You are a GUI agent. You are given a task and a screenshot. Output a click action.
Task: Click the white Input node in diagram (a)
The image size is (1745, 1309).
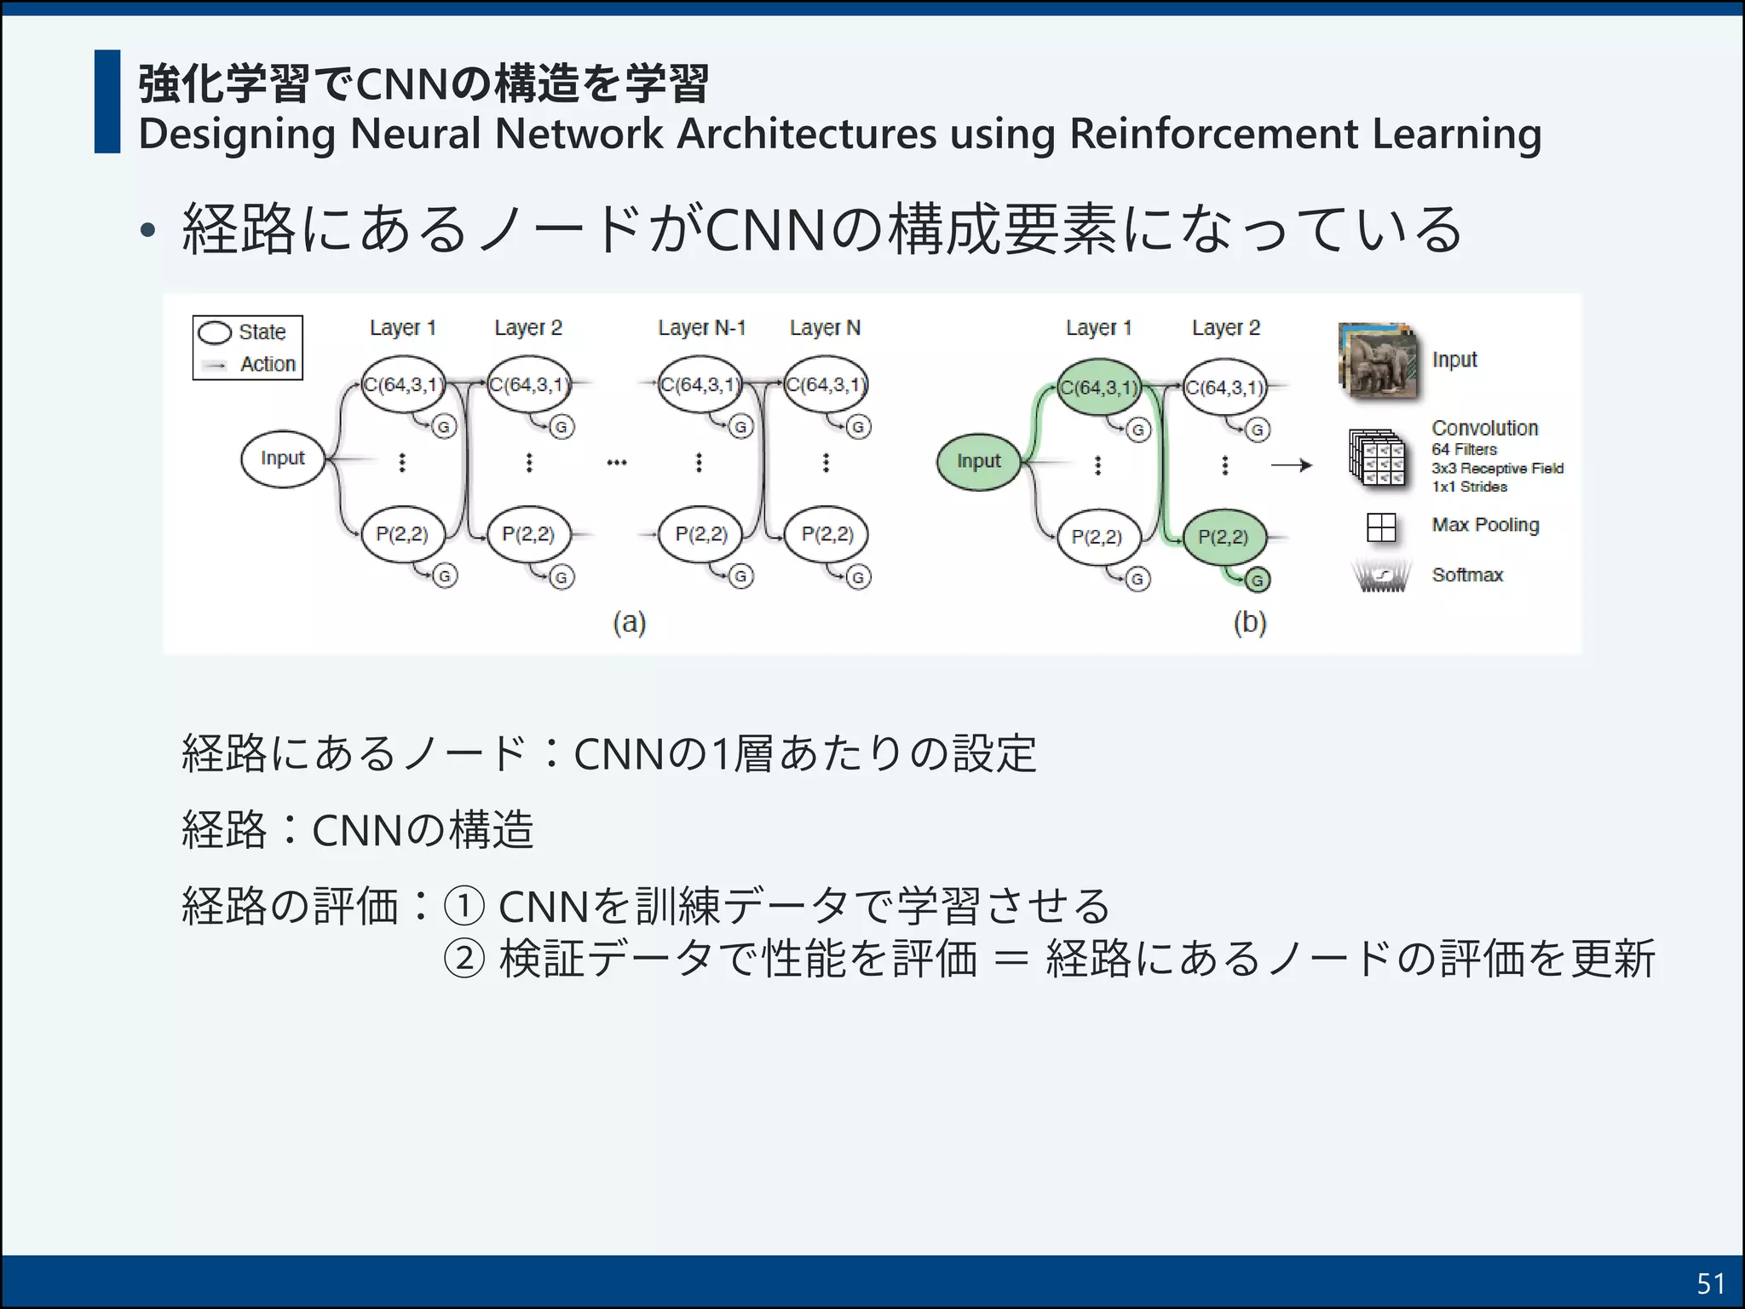click(x=283, y=459)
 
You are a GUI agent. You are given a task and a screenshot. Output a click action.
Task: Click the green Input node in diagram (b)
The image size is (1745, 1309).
click(x=978, y=462)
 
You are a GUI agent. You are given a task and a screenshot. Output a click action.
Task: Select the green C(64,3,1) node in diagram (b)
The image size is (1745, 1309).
click(x=1099, y=388)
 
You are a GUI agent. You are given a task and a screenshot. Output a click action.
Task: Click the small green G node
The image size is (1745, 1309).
click(x=1257, y=581)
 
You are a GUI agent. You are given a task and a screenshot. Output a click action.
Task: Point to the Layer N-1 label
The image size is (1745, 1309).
click(x=701, y=328)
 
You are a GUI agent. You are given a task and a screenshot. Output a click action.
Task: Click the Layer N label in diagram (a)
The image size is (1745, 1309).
click(x=825, y=328)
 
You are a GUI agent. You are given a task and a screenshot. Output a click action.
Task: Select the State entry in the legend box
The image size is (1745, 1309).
click(x=261, y=332)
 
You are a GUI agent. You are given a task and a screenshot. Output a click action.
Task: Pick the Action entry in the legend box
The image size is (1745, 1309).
click(x=267, y=365)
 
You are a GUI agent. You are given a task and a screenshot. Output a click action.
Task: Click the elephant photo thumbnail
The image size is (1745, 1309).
click(x=1378, y=361)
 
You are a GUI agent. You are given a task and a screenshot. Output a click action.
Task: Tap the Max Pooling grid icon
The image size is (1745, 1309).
click(x=1380, y=528)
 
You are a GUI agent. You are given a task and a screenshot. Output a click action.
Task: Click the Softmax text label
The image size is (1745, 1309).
click(x=1467, y=575)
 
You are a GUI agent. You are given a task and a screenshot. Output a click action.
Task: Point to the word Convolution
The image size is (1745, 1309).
click(x=1484, y=428)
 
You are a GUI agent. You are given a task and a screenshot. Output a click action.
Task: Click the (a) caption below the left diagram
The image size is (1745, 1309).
click(x=630, y=623)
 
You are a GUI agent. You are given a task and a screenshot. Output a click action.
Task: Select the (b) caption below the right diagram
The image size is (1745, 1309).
click(x=1250, y=623)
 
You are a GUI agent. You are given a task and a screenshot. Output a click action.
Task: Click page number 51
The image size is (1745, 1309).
click(x=1710, y=1283)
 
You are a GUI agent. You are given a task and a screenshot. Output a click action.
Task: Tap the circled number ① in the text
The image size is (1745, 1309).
click(x=464, y=906)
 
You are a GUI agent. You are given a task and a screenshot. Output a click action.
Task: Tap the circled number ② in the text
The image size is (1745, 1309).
click(x=464, y=959)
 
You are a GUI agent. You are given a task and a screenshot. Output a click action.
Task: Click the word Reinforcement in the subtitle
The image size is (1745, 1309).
click(x=1213, y=134)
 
